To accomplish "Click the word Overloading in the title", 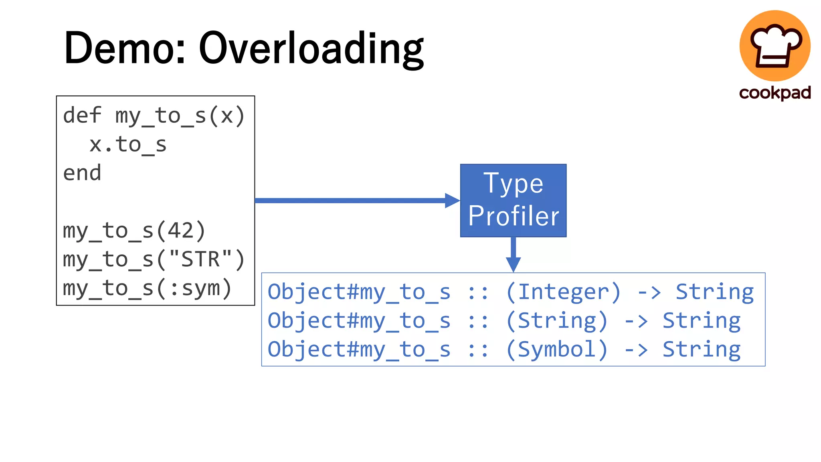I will pos(311,49).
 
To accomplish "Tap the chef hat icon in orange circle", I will pos(774,45).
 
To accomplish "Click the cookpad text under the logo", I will pos(774,93).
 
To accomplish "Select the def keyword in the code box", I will pos(82,115).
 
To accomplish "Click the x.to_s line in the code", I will pos(127,144).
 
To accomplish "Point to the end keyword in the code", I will pos(82,173).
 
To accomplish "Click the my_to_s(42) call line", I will pos(134,231).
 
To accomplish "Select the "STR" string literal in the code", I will pos(200,259).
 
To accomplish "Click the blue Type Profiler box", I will pos(513,200).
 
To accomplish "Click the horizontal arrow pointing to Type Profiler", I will pos(353,200).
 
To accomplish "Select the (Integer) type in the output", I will pos(563,292).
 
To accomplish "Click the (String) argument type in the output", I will pos(557,321).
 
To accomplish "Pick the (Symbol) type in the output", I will pos(557,349).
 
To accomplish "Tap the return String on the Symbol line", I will pos(701,349).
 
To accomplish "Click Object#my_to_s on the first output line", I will pos(359,292).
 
